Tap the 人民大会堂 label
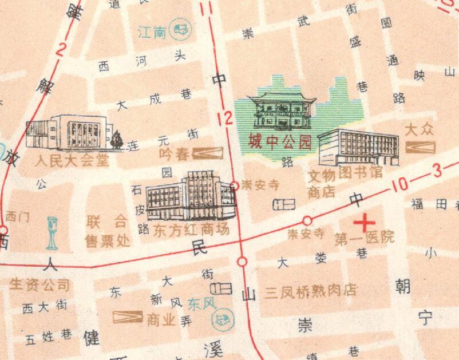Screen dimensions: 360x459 (72, 160)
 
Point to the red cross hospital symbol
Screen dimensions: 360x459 (363, 221)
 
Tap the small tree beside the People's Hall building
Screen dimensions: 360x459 (118, 139)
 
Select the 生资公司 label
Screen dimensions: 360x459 (40, 284)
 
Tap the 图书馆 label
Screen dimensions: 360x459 (362, 171)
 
